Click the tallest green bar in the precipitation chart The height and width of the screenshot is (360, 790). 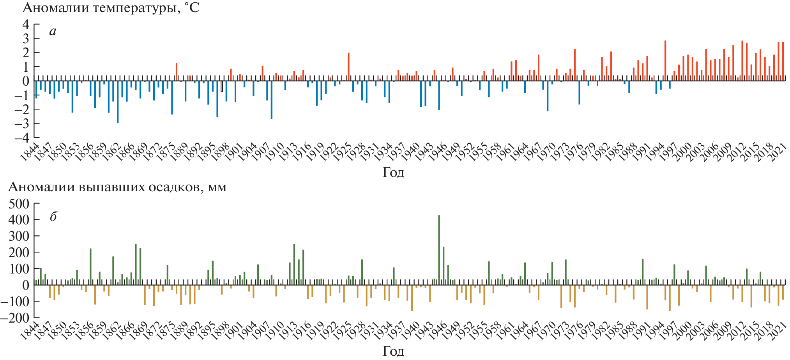(x=439, y=249)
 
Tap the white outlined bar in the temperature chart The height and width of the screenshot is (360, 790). (x=222, y=86)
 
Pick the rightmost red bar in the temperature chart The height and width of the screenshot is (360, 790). (x=783, y=61)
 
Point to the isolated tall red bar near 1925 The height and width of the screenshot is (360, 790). (x=348, y=66)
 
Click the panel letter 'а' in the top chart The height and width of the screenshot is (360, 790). (x=53, y=31)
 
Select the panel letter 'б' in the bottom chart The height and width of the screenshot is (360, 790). (x=53, y=217)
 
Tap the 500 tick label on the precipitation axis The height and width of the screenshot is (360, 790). (x=19, y=203)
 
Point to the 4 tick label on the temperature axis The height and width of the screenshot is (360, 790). (x=26, y=24)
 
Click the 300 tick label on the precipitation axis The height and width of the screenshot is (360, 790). (x=19, y=236)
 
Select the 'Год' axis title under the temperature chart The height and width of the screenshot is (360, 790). (x=393, y=172)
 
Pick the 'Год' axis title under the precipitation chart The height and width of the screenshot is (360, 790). (x=393, y=351)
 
